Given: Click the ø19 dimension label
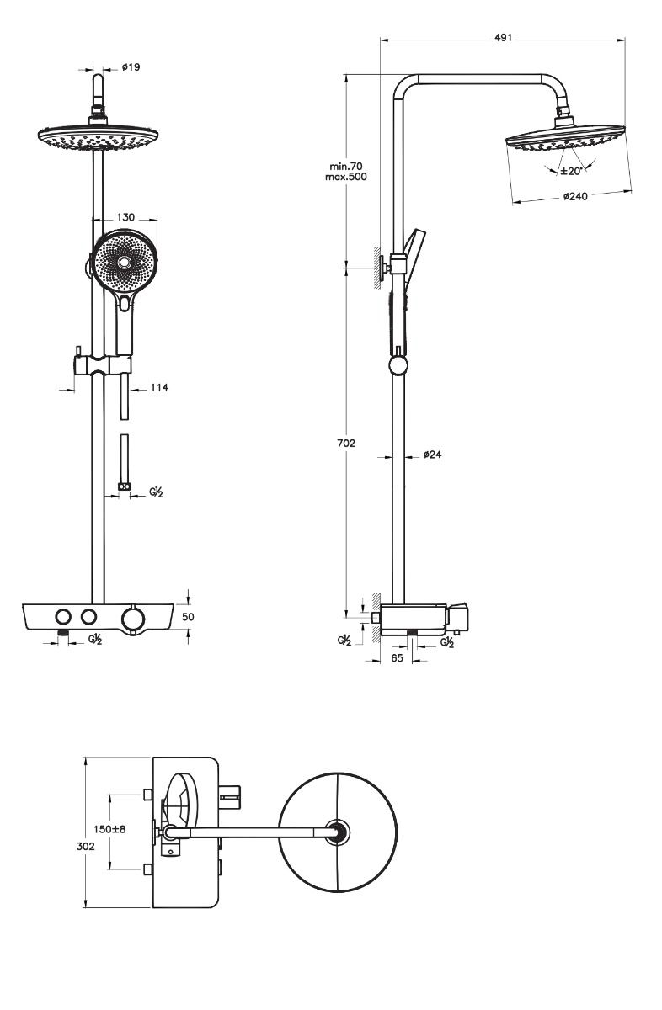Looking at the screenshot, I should point(131,67).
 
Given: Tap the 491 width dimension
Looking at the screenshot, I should point(502,38).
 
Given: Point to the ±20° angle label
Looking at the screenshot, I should point(572,171).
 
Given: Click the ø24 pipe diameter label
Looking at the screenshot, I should point(433,454).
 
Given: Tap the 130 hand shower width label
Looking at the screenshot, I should point(127,216).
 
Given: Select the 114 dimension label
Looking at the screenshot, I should point(158,387).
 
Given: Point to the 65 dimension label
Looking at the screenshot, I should point(398,659).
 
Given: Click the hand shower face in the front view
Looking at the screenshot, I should point(124,263).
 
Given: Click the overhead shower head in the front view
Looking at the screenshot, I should point(99,137).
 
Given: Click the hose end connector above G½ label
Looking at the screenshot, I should point(124,486).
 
